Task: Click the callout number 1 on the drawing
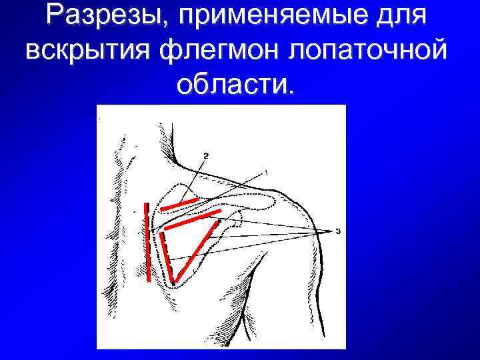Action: [x=266, y=172]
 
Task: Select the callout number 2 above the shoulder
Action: [x=205, y=155]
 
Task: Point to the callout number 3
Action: [x=338, y=231]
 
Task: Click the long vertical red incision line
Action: [x=147, y=241]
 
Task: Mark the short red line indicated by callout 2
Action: [x=179, y=204]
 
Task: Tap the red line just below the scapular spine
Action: [x=192, y=218]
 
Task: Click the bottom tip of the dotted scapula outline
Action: [x=173, y=285]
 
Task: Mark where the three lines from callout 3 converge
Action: [x=332, y=231]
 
